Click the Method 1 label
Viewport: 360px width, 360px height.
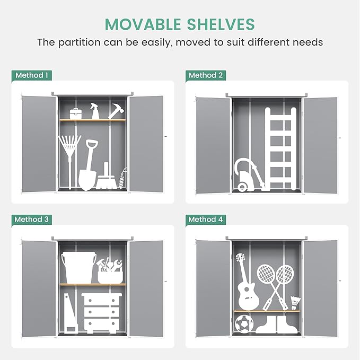click(32, 75)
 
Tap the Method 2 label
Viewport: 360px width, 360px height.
click(206, 75)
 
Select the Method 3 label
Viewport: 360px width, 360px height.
click(32, 219)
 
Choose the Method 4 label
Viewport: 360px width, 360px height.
click(206, 219)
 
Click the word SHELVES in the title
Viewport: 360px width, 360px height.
click(221, 24)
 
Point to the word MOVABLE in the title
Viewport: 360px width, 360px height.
click(143, 24)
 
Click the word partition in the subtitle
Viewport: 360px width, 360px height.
click(79, 43)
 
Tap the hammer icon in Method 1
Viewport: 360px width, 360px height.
click(117, 111)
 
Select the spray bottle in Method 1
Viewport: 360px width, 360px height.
click(94, 111)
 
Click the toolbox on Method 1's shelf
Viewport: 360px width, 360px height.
click(76, 113)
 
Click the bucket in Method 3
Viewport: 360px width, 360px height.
click(79, 267)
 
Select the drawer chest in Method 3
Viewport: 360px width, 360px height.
click(102, 313)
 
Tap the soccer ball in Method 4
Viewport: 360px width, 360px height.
click(244, 324)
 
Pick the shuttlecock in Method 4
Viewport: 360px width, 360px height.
click(295, 303)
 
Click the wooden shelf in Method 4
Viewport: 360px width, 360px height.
click(267, 311)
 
